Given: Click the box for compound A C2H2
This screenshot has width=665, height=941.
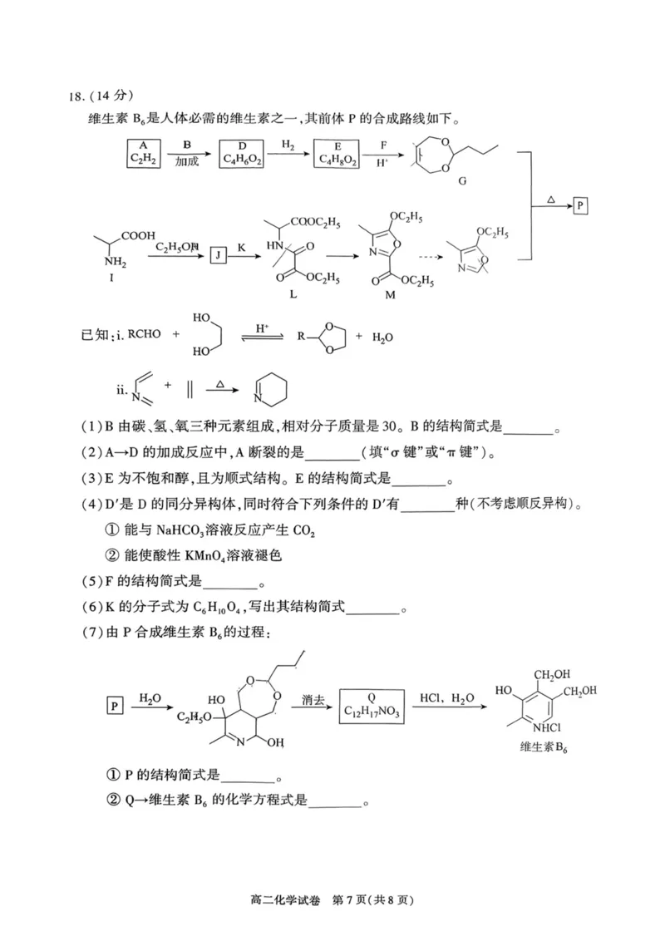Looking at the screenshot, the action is coord(144,154).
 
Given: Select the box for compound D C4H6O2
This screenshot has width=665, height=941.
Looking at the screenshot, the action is coord(241,154).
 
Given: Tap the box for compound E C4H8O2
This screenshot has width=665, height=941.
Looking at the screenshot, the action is coord(337,154).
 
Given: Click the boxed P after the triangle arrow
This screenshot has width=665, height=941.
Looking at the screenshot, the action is coord(579,206).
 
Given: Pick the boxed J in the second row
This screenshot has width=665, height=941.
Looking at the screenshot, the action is coord(217,256).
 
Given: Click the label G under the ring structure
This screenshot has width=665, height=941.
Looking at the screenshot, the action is coord(461,180).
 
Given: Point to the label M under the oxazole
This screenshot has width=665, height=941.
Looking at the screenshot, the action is coord(390,294).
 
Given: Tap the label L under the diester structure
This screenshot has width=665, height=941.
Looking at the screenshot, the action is coord(293,294).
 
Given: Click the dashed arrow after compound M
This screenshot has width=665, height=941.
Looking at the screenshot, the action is coord(431,257).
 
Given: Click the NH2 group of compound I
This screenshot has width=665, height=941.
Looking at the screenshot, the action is coord(116,262).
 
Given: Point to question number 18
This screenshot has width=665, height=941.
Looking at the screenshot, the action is coord(76,97).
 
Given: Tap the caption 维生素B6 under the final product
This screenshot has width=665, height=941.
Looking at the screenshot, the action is coord(544,748).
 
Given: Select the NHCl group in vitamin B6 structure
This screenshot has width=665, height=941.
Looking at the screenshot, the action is coord(546,727).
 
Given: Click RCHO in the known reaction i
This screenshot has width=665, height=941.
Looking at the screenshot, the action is coord(144,334).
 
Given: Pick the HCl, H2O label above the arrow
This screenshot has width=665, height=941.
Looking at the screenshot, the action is coord(446,698).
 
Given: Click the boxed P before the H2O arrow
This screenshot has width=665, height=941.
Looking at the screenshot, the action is coord(114,706).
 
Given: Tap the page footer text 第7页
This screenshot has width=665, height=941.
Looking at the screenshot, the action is coord(349,900).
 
